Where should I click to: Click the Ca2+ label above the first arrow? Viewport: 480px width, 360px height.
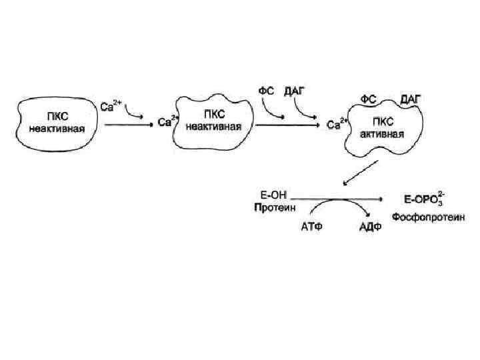pos(111,105)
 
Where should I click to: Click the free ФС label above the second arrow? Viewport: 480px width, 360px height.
pos(266,89)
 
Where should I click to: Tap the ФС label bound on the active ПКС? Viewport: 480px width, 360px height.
pos(369,99)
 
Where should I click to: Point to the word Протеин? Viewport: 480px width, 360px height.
pos(270,207)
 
